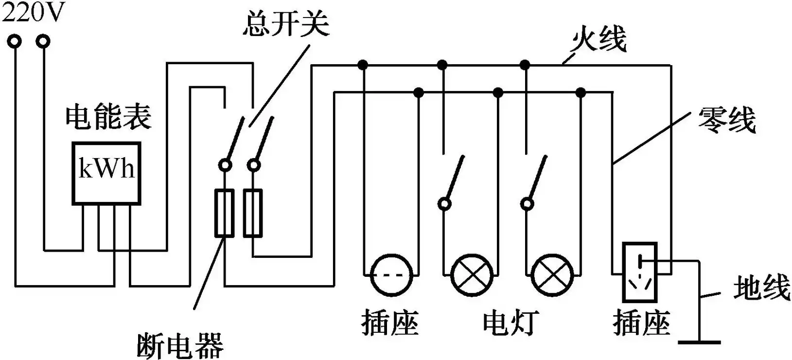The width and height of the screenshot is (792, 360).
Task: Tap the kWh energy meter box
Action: click(x=106, y=173)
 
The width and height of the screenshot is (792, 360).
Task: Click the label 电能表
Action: click(x=108, y=117)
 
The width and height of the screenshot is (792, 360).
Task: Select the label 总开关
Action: click(x=286, y=23)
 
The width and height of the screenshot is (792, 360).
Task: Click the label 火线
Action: click(x=599, y=38)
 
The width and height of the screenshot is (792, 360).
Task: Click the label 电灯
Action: click(x=510, y=322)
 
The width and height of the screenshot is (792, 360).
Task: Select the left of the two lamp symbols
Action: click(x=471, y=275)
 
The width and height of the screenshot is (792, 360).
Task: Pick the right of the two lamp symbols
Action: click(x=552, y=275)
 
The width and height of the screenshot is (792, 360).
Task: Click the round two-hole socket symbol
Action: click(x=391, y=275)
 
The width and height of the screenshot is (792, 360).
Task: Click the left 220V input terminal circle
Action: click(x=15, y=42)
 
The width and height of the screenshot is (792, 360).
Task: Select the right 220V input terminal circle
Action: click(x=44, y=42)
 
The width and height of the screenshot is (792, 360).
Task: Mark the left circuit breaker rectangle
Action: click(x=224, y=213)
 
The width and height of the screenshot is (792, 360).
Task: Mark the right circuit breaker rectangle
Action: click(x=253, y=213)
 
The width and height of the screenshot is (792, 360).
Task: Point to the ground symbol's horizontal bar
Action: click(x=700, y=342)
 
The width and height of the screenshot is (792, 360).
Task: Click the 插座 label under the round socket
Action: click(x=390, y=322)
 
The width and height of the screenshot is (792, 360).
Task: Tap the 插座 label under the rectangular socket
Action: click(x=642, y=322)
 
